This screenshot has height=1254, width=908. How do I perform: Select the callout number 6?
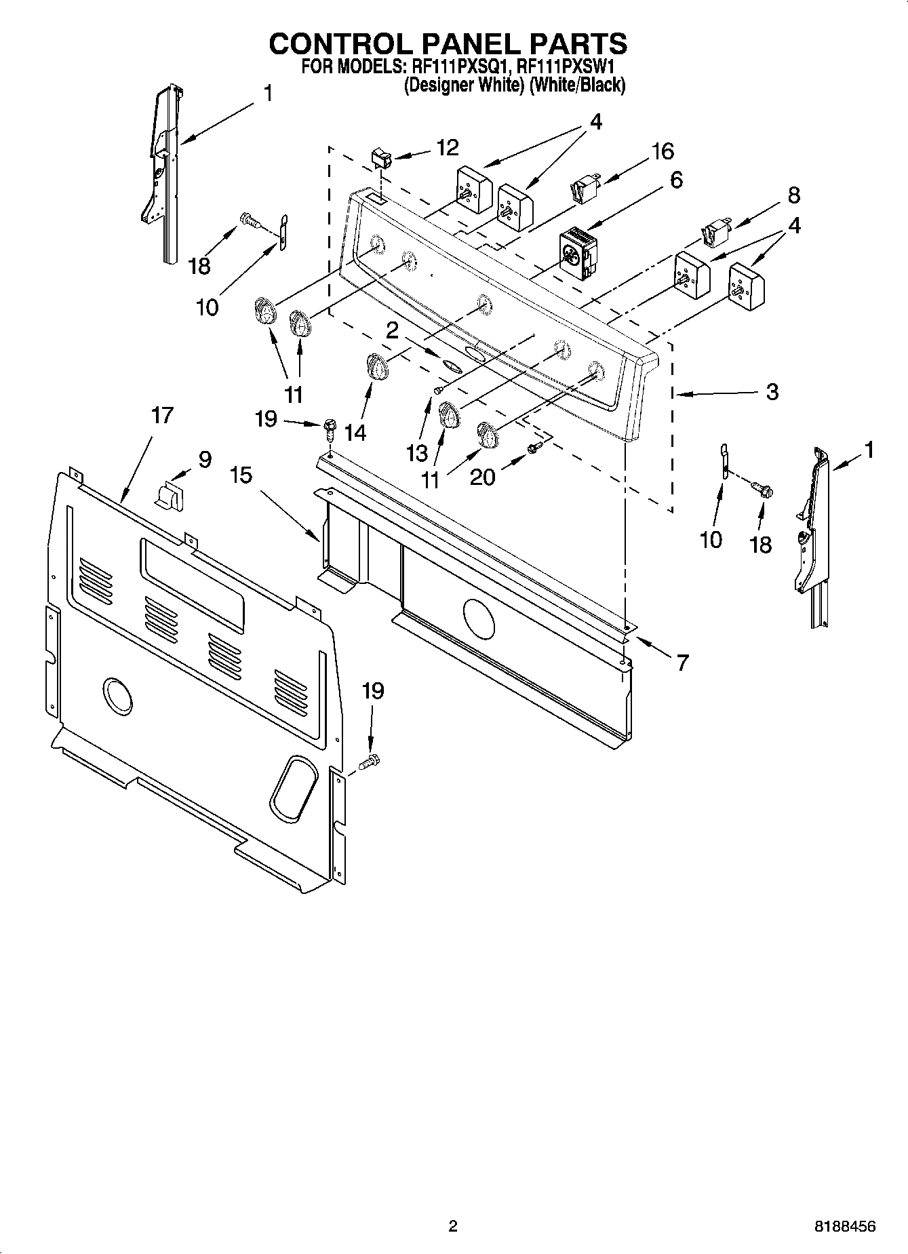click(x=675, y=180)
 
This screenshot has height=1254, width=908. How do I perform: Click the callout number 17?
click(x=162, y=414)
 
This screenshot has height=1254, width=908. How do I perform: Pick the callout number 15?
click(x=241, y=475)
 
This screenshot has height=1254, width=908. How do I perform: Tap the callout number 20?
click(x=482, y=477)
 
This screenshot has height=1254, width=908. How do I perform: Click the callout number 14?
click(x=355, y=433)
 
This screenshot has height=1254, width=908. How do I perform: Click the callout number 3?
click(x=772, y=391)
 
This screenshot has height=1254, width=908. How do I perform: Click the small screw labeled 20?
click(x=533, y=448)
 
